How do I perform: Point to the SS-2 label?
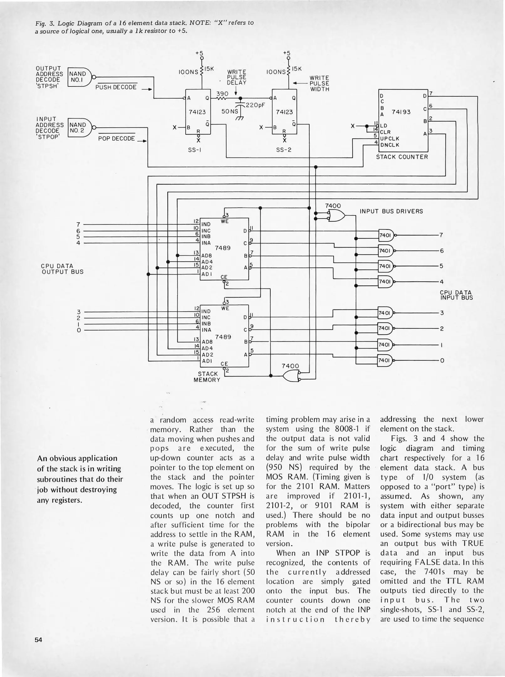pos(284,150)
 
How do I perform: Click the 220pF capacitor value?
pos(255,105)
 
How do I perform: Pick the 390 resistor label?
pos(222,94)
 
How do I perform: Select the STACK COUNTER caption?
pos(402,157)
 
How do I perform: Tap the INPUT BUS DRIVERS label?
pos(391,211)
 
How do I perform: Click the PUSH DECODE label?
pos(116,87)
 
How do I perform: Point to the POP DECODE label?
pos(117,139)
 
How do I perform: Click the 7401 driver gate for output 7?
pos(386,235)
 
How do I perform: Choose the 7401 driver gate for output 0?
pos(385,360)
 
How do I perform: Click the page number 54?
pos(39,640)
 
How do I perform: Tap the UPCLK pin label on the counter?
pos(390,139)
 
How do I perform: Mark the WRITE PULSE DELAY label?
pos(237,77)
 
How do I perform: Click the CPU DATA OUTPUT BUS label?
pos(62,269)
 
